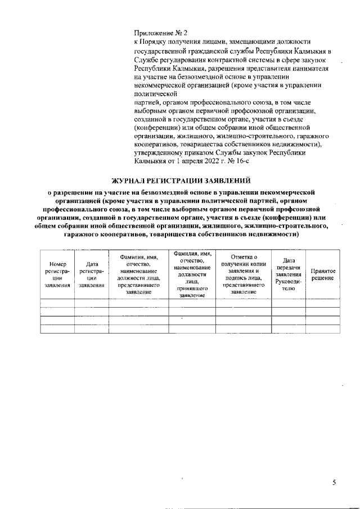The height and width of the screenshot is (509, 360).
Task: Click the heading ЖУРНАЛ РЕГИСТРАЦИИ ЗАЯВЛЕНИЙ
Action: pyautogui.click(x=181, y=181)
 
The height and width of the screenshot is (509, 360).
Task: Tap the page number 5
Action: pyautogui.click(x=334, y=483)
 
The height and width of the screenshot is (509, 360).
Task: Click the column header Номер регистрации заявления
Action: pyautogui.click(x=57, y=275)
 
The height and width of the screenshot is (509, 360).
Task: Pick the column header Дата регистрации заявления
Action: pyautogui.click(x=92, y=275)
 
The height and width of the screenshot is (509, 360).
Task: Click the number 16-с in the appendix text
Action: pyautogui.click(x=240, y=162)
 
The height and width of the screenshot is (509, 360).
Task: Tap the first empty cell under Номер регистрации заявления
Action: pyautogui.click(x=57, y=303)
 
